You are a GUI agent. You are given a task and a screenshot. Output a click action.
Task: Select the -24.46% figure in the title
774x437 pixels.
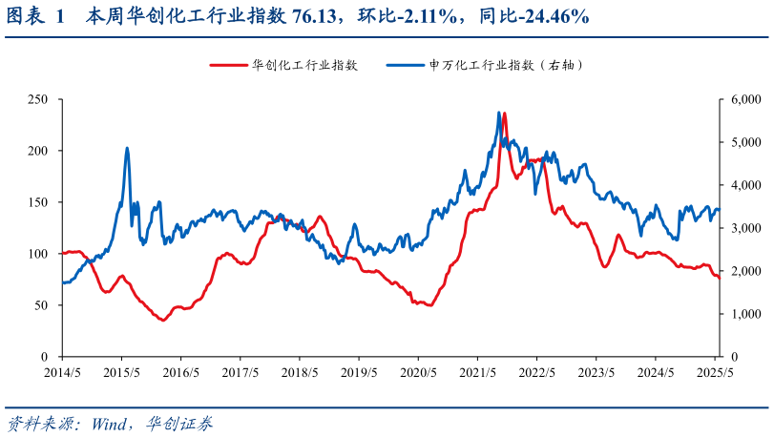point(544,16)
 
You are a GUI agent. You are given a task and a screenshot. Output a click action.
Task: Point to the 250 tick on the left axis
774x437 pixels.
point(39,99)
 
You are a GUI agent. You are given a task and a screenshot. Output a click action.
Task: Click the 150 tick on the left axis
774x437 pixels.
point(39,202)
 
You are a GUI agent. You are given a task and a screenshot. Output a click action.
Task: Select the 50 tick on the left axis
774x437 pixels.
point(42,305)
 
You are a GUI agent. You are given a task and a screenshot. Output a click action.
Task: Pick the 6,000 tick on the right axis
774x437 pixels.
point(740,99)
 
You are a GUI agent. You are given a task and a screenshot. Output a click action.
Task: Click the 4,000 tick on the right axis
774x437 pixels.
point(740,185)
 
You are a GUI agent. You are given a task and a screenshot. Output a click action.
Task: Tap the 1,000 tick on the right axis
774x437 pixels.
point(740,314)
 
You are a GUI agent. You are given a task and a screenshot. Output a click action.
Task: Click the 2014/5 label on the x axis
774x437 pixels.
point(62,372)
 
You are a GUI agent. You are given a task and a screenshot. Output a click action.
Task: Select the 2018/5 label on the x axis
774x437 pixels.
point(300,372)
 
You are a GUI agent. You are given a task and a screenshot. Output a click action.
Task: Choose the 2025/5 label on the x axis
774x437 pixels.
point(714,372)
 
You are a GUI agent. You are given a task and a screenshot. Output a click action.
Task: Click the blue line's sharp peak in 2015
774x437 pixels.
point(127,148)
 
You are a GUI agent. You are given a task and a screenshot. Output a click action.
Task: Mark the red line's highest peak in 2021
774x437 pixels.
point(504,114)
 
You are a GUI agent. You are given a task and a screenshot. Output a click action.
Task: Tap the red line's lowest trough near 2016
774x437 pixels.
point(162,320)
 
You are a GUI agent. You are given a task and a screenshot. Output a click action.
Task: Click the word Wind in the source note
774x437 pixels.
point(113,422)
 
